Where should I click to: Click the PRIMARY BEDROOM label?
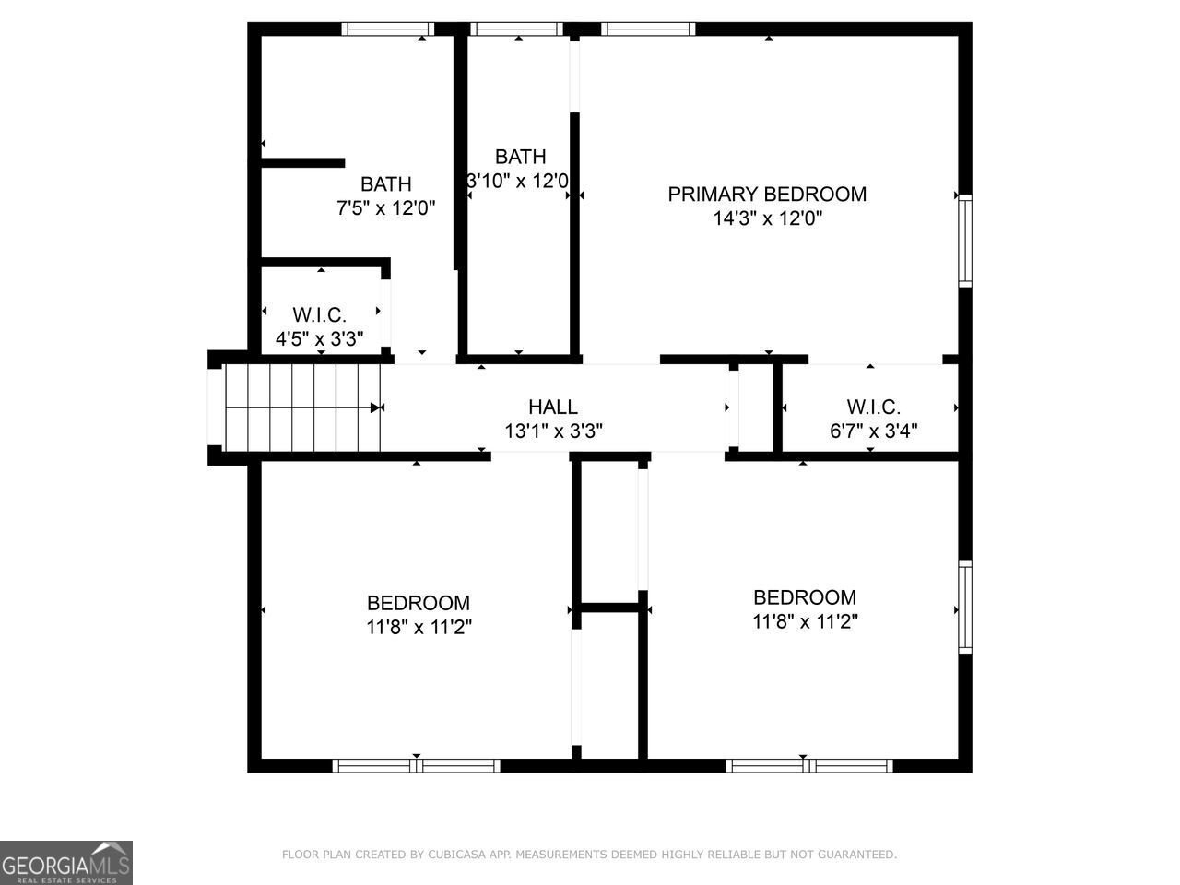pos(767,194)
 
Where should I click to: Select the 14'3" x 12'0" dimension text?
pos(767,218)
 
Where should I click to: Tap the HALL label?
pos(553,407)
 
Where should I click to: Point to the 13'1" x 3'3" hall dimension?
pos(553,431)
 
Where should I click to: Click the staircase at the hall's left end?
pos(303,407)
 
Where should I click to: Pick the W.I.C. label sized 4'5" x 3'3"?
pos(319,315)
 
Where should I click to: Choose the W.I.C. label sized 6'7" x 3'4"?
pos(873,407)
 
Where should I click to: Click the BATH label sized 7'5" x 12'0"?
pos(385,184)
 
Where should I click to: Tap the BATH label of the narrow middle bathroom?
pos(520,157)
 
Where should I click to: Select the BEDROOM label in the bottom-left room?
pos(418,603)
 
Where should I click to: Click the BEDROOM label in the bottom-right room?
pos(805,596)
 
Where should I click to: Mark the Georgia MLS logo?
pos(66,863)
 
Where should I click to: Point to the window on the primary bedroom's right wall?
pos(964,241)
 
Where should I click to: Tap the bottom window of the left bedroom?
pos(417,765)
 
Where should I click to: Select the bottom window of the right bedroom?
pos(809,765)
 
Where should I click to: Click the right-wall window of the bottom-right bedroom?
pos(964,607)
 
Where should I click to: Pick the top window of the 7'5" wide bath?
pos(387,29)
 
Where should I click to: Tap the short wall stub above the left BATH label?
pos(302,163)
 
